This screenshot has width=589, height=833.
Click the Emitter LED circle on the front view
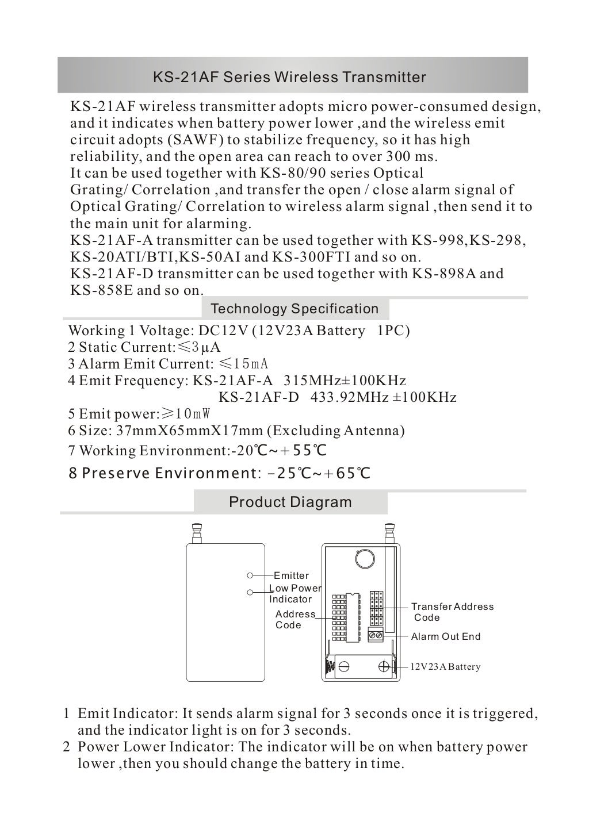(x=250, y=575)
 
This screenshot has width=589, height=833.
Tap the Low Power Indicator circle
(x=250, y=593)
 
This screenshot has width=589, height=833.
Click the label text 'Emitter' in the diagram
(x=291, y=575)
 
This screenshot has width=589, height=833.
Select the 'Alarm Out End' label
(x=445, y=636)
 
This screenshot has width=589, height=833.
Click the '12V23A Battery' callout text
(x=445, y=667)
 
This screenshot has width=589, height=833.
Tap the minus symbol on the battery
(x=345, y=667)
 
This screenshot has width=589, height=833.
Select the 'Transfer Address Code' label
(x=452, y=612)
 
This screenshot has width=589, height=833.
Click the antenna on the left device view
(x=197, y=532)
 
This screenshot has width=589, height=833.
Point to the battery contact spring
(x=330, y=667)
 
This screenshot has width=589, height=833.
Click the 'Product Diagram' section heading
(x=290, y=502)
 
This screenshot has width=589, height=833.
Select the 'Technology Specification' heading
(x=294, y=309)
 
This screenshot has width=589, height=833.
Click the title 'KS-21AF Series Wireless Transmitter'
(x=289, y=77)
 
